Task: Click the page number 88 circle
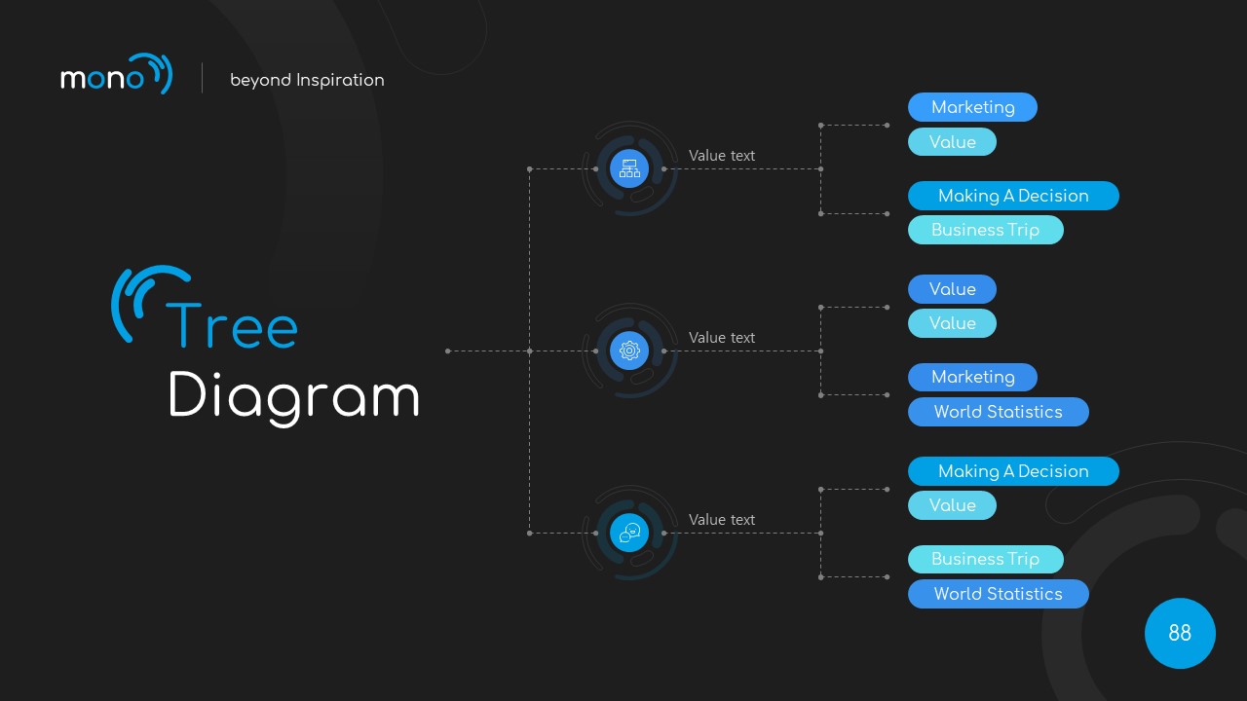[x=1180, y=633]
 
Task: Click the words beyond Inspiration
[x=307, y=80]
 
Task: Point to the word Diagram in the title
[x=293, y=397]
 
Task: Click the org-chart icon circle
[x=629, y=168]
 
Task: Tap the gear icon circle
[x=629, y=350]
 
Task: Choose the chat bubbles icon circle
[x=629, y=533]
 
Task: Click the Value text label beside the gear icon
[x=722, y=338]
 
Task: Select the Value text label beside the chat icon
[x=722, y=520]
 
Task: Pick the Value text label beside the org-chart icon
[x=722, y=156]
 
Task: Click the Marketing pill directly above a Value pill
[x=972, y=107]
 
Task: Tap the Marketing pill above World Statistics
[x=972, y=377]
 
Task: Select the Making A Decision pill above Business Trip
[x=1013, y=196]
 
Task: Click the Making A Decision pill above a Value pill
[x=1013, y=471]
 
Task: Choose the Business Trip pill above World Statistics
[x=985, y=559]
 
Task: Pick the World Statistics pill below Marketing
[x=998, y=412]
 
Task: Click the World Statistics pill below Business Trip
[x=998, y=594]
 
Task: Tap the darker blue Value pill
[x=952, y=289]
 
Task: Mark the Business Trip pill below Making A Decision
[x=985, y=230]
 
